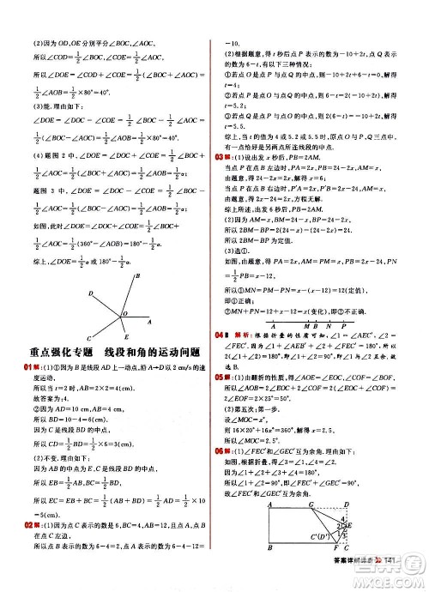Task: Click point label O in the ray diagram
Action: [x=125, y=315]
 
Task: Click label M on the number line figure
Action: [x=293, y=325]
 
